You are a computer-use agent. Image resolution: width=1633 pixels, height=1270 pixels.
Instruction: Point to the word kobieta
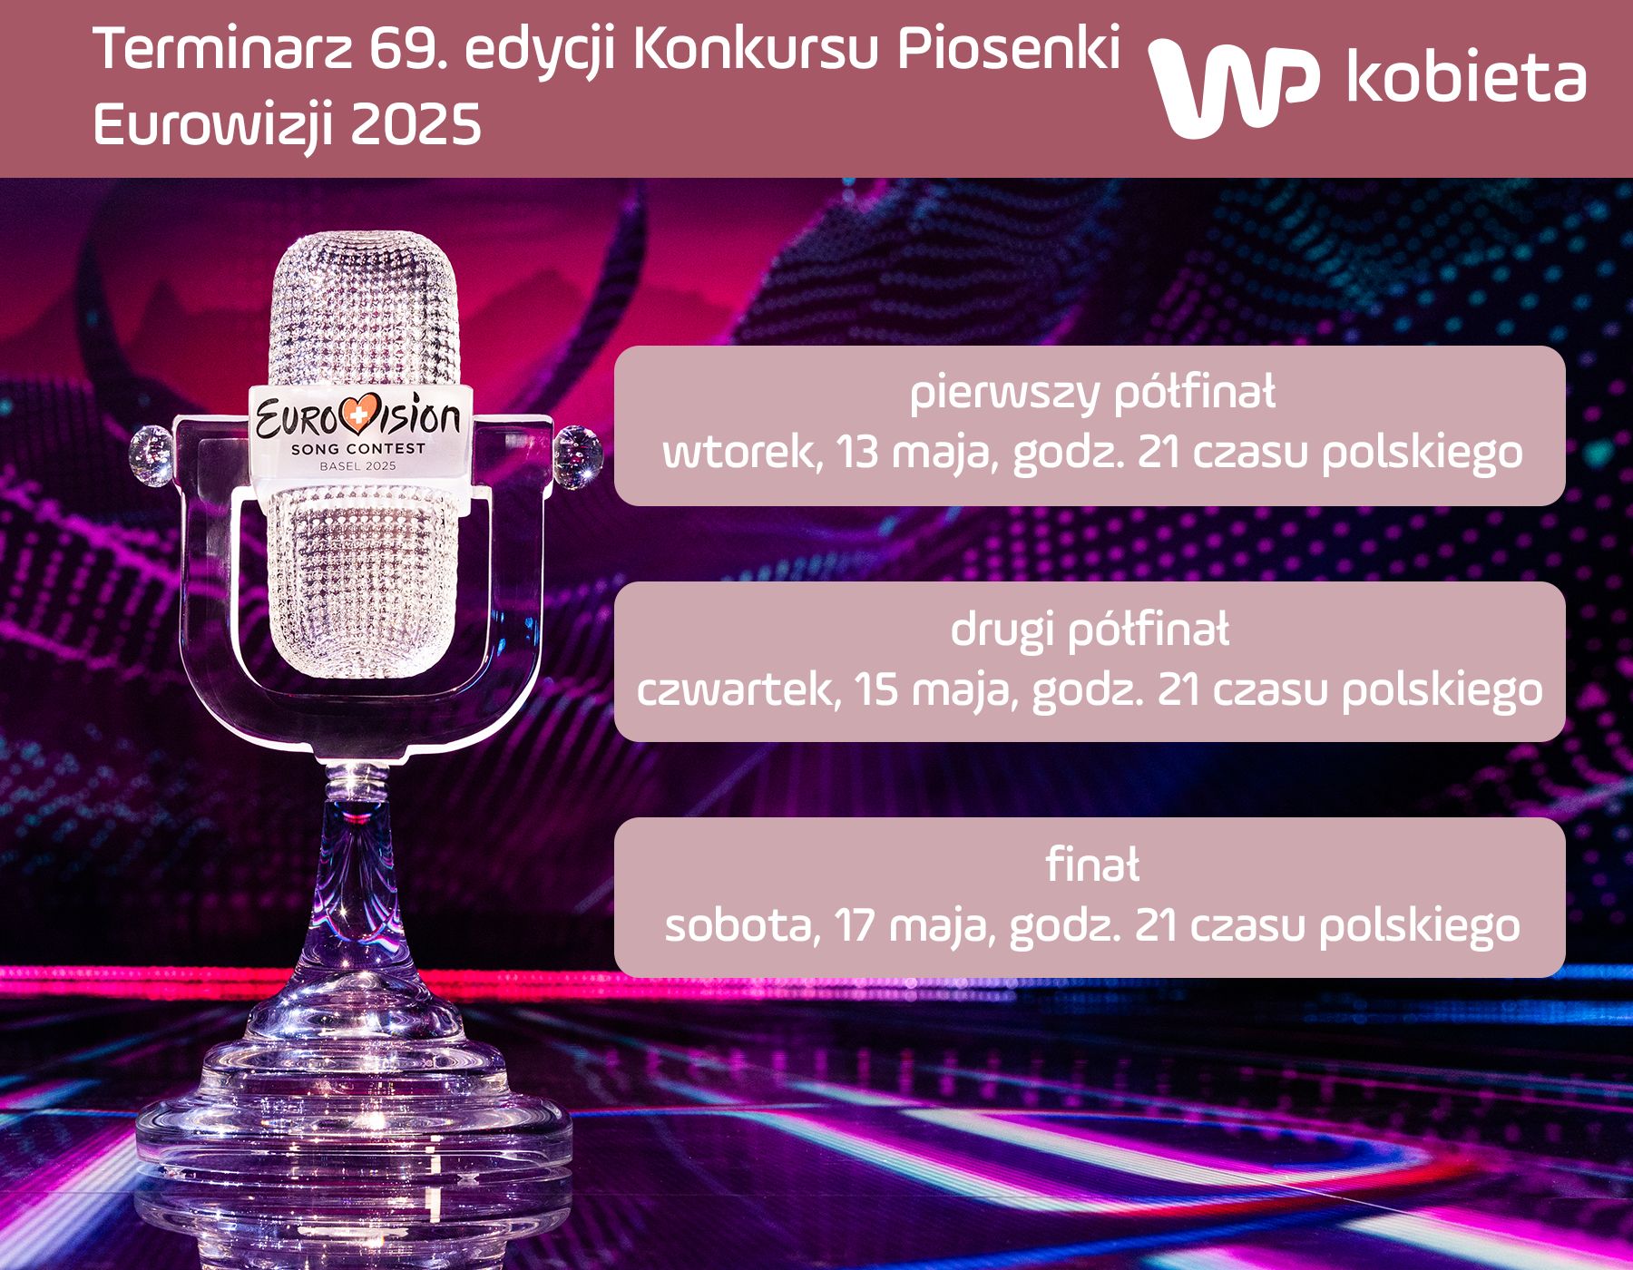pos(1466,76)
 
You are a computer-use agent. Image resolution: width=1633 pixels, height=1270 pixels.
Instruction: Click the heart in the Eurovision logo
pos(361,415)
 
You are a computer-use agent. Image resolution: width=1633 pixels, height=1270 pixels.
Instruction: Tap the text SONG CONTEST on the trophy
pos(357,449)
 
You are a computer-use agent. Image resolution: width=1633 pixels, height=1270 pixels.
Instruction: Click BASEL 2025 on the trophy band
pos(357,466)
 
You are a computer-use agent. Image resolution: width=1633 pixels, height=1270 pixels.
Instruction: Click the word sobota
pos(741,925)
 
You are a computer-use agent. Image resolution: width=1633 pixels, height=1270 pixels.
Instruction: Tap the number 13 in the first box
pos(858,452)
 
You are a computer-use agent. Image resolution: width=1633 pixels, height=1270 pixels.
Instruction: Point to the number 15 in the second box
pos(875,689)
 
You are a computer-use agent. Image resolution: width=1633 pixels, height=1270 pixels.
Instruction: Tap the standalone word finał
pos(1092,865)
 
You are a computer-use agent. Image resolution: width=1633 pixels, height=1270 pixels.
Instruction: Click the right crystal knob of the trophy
pos(578,456)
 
